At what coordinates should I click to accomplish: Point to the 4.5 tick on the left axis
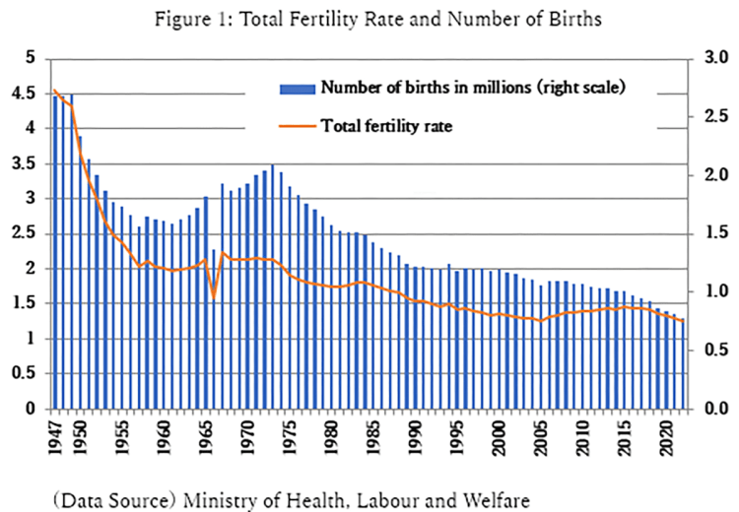(x=34, y=94)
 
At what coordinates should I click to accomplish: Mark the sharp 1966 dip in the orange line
(x=213, y=297)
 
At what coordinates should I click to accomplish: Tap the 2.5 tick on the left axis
(x=34, y=233)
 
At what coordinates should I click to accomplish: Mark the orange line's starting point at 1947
(x=55, y=91)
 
